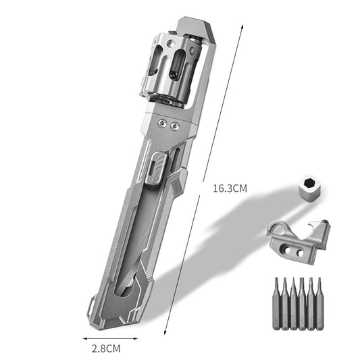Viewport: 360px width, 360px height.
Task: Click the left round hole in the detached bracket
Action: [x=284, y=251]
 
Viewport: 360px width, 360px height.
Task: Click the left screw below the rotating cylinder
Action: [x=161, y=124]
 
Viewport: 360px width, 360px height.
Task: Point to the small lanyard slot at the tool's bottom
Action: [x=126, y=292]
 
